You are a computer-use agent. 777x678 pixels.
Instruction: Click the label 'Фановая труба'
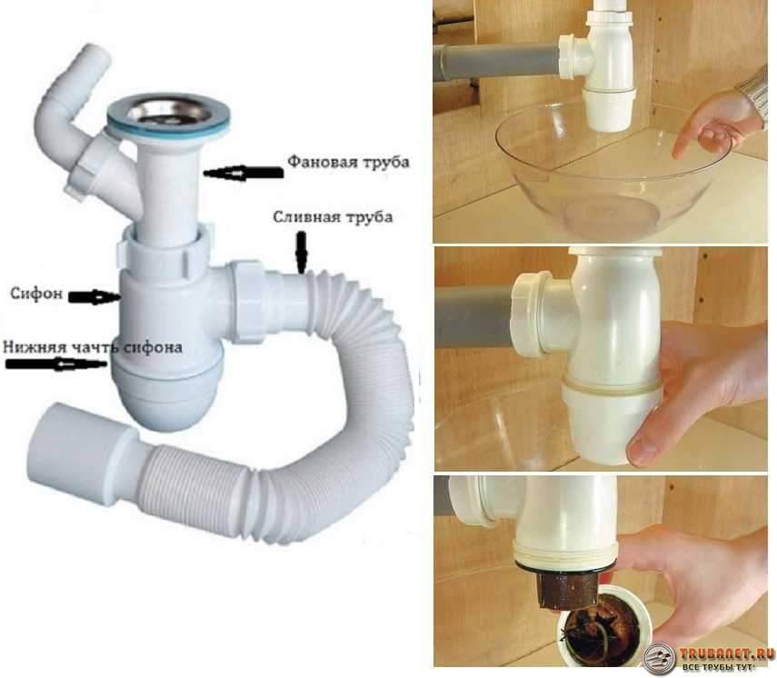(349, 162)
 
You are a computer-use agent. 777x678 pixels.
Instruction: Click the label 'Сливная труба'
(333, 217)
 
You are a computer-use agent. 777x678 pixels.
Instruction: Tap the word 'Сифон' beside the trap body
(36, 294)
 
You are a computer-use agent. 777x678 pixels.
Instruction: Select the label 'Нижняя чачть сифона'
(93, 346)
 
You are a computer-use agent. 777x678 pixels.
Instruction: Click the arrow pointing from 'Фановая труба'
(244, 173)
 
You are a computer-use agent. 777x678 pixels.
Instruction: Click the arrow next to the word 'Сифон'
(95, 297)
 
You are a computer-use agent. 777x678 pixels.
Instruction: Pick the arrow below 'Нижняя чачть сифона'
(56, 364)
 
